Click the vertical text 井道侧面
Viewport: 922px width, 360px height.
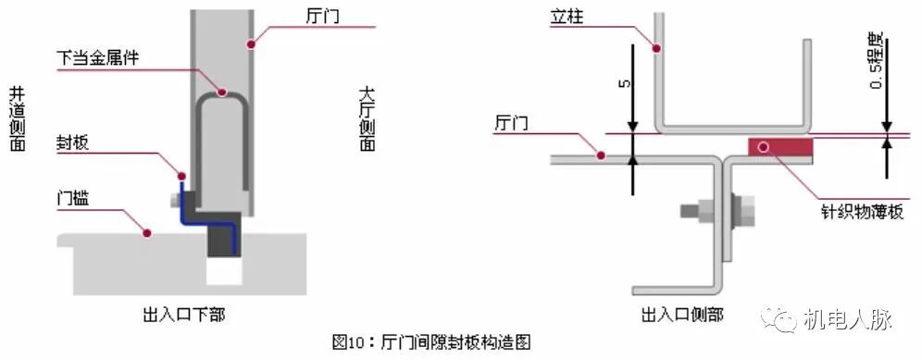[17, 119]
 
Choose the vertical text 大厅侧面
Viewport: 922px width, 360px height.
[367, 119]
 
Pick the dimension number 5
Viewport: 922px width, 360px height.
[624, 83]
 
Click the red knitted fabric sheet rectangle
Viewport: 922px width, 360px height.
[779, 147]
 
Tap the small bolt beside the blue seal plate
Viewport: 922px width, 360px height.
[176, 199]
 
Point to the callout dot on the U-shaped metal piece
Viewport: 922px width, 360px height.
[222, 91]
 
